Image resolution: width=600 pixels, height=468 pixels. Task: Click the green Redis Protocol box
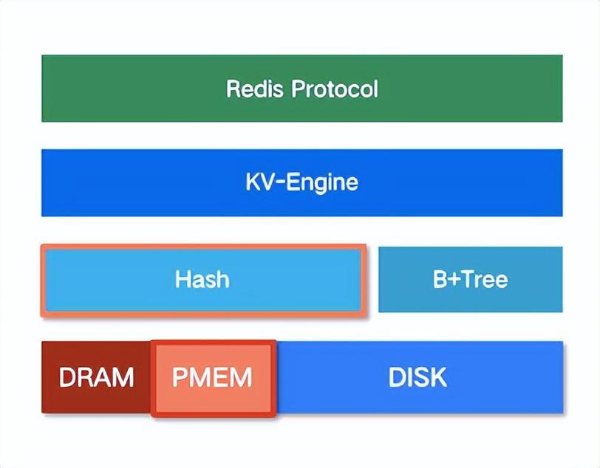pyautogui.click(x=302, y=89)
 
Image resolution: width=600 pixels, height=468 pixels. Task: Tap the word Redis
pyautogui.click(x=255, y=89)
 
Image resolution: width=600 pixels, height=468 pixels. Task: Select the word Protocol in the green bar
pyautogui.click(x=335, y=89)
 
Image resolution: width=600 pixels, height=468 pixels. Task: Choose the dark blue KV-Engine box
pyautogui.click(x=302, y=183)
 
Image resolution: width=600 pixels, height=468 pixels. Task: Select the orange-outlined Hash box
pyautogui.click(x=204, y=281)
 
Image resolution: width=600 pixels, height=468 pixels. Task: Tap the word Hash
pyautogui.click(x=202, y=279)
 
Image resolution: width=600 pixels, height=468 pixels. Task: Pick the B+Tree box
pyautogui.click(x=470, y=280)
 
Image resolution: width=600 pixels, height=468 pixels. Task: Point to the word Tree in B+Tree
pyautogui.click(x=485, y=279)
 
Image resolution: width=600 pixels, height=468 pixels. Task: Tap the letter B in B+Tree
pyautogui.click(x=440, y=279)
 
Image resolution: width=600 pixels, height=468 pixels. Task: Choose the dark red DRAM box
pyautogui.click(x=95, y=377)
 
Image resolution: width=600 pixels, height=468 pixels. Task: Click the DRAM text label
pyautogui.click(x=96, y=377)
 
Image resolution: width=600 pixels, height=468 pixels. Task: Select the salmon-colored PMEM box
pyautogui.click(x=213, y=378)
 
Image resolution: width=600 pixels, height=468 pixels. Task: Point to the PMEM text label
pyautogui.click(x=212, y=377)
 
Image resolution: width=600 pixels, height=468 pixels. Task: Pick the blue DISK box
pyautogui.click(x=420, y=377)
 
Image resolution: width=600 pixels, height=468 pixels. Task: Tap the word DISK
pyautogui.click(x=417, y=377)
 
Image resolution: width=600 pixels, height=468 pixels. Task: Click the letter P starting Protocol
pyautogui.click(x=299, y=89)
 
